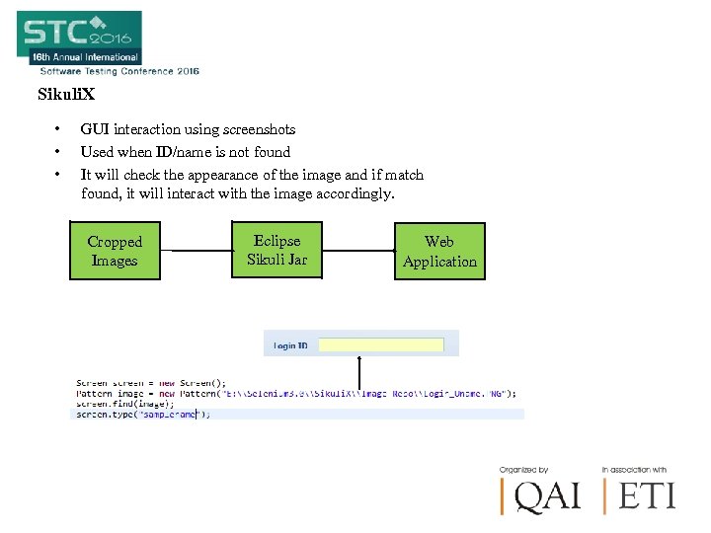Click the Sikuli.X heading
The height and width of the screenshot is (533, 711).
[66, 95]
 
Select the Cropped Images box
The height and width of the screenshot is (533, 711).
[115, 251]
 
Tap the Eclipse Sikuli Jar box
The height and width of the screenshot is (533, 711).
[277, 251]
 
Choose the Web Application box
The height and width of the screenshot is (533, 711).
[439, 252]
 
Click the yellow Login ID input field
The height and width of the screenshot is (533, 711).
[387, 345]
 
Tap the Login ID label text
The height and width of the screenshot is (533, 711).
[290, 346]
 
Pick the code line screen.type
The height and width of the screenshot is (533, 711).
[143, 415]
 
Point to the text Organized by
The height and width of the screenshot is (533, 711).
[524, 470]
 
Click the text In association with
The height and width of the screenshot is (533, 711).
[634, 470]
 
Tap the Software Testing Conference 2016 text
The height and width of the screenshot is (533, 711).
[118, 71]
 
